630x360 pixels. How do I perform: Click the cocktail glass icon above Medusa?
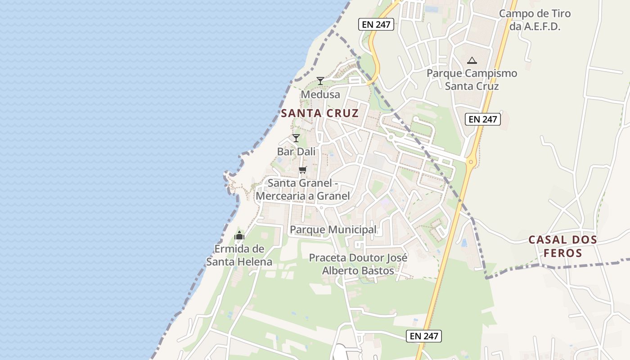pos(320,81)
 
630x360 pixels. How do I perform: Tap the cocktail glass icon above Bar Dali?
pos(296,138)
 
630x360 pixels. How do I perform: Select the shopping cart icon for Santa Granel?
pos(303,170)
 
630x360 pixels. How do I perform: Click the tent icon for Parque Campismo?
pos(472,60)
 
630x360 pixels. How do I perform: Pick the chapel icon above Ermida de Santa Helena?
pos(239,235)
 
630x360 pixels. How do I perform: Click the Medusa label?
pos(320,95)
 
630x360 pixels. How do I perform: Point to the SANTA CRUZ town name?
pos(320,113)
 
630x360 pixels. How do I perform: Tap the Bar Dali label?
pos(296,152)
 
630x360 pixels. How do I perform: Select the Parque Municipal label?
pos(333,229)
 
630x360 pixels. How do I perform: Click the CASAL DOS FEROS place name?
pos(562,246)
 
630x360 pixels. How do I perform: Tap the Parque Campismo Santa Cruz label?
pos(472,79)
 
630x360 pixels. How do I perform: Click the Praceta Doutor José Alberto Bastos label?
pos(358,264)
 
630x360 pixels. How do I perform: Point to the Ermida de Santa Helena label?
pos(239,255)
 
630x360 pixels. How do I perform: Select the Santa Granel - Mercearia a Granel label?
pos(303,189)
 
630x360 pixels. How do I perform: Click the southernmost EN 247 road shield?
pos(424,336)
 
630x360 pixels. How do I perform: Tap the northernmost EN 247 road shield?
pos(376,24)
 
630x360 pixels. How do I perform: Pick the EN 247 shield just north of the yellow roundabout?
pos(482,119)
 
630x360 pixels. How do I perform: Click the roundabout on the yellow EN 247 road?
pos(471,161)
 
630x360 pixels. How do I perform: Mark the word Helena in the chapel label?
pos(255,262)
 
